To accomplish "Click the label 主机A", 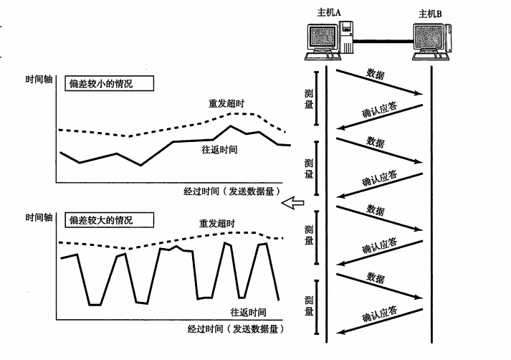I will tap(329, 13).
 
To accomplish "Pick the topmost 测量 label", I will tap(308, 100).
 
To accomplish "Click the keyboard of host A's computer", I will tap(320, 57).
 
